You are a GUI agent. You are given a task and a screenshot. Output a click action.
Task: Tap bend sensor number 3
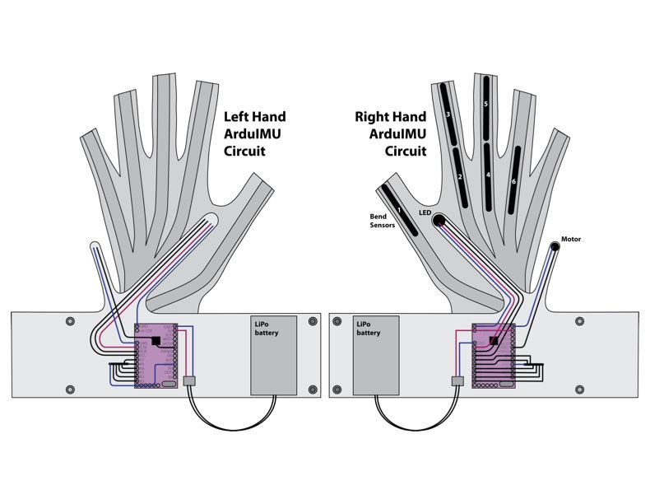coord(448,114)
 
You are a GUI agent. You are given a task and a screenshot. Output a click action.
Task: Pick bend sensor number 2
coord(460,176)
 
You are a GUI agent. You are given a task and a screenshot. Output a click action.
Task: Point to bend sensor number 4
coord(488,175)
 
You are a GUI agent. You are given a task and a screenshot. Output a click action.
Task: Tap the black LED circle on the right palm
coord(439,220)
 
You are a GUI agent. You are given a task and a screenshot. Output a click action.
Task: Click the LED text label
coord(424,212)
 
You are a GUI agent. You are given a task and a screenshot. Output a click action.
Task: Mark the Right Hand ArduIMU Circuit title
coord(391,133)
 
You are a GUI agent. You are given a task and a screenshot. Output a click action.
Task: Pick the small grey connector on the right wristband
coord(457,381)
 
